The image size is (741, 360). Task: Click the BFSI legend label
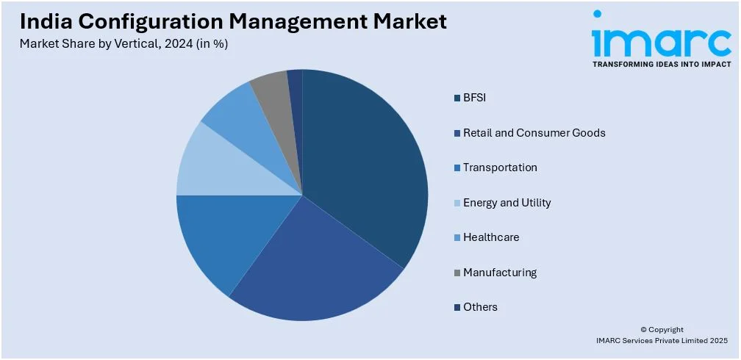point(475,98)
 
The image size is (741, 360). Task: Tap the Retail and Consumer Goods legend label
point(534,133)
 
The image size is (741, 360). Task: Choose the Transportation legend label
point(500,168)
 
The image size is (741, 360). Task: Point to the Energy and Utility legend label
point(506,203)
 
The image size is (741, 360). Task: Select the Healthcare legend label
point(490,237)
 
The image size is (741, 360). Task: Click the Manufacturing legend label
point(500,273)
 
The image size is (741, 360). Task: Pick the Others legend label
point(480,307)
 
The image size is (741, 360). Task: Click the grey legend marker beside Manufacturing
point(457,273)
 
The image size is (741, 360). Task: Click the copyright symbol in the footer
point(643,330)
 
